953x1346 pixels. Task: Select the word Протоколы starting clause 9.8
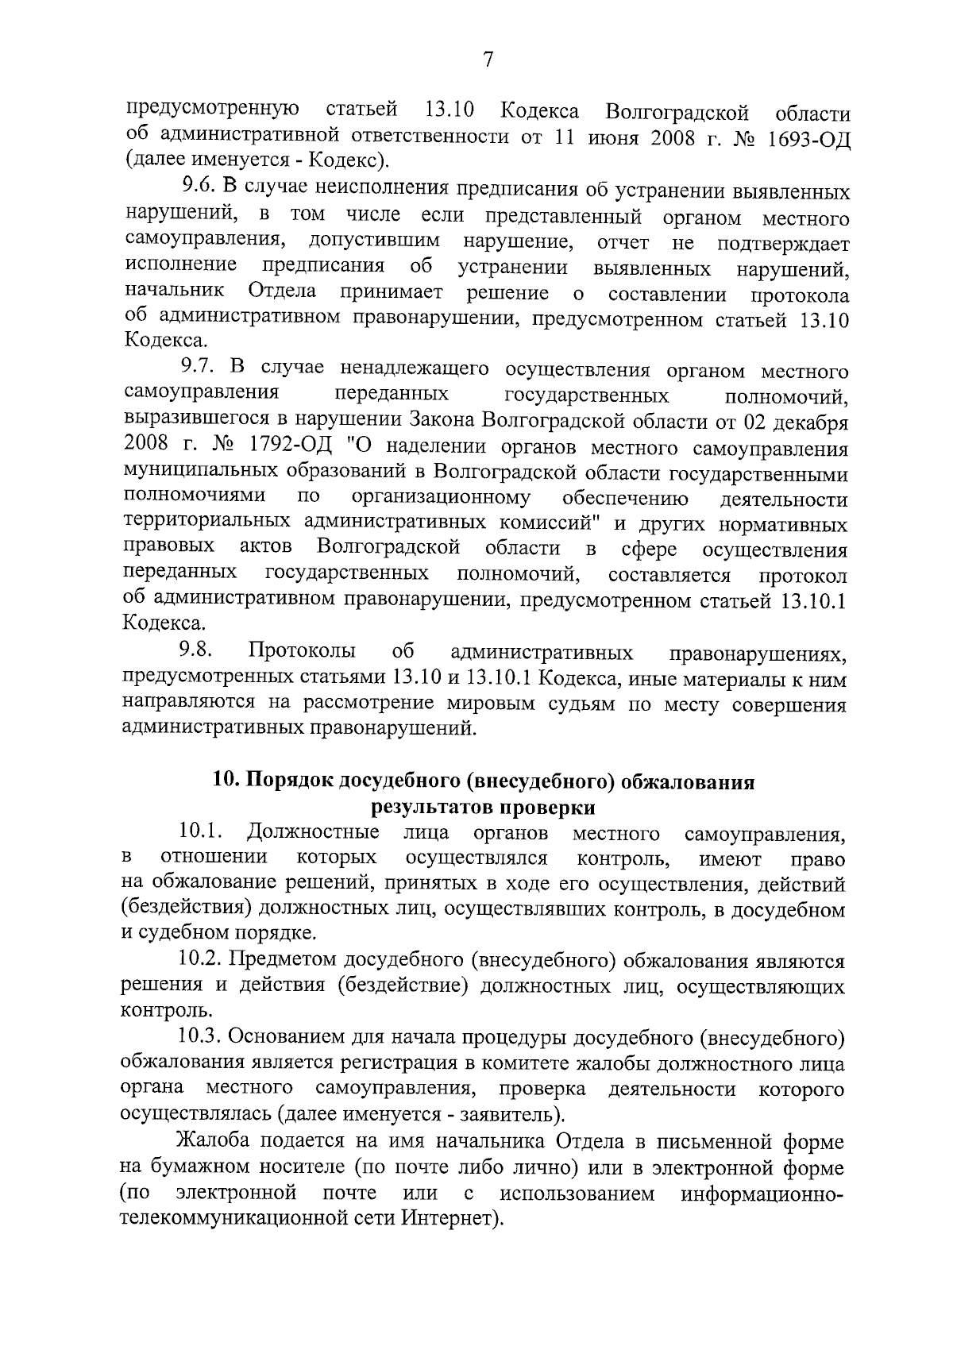pyautogui.click(x=302, y=652)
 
